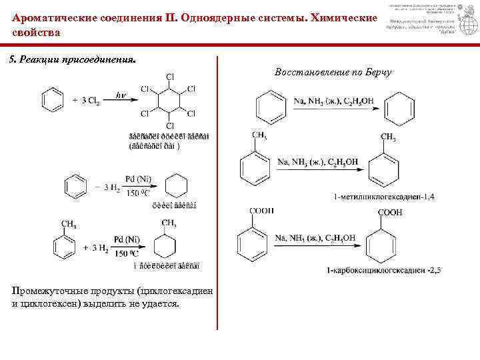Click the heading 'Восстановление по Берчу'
333,72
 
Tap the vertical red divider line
217,193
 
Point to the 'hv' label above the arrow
121,95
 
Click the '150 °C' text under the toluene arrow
126,254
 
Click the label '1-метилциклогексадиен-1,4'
385,197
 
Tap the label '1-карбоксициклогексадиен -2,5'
384,269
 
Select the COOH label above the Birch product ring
390,213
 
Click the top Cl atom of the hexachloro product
170,76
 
